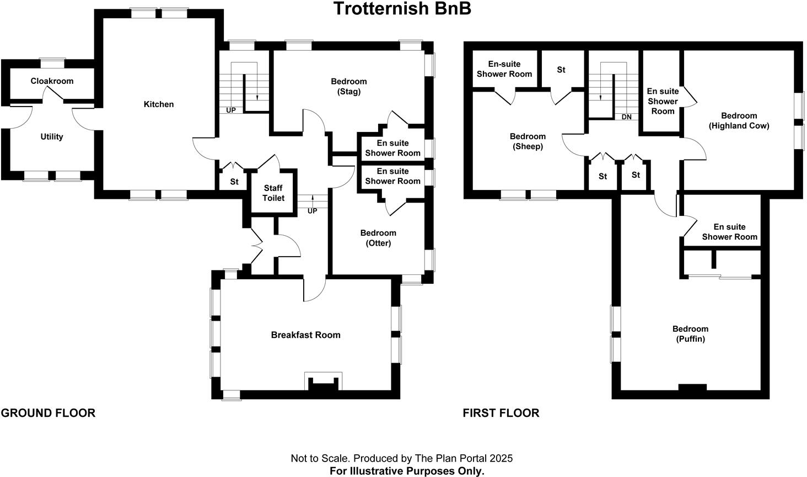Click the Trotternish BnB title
(402, 9)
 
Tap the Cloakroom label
(52, 81)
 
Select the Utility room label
(52, 137)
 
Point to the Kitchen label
(159, 104)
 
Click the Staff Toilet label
(273, 193)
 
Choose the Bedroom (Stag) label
(348, 87)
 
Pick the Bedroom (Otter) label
(378, 238)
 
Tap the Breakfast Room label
(305, 335)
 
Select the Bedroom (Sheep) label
(528, 141)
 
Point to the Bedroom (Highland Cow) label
(739, 120)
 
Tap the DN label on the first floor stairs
(626, 117)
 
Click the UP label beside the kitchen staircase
(231, 110)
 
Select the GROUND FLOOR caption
(48, 413)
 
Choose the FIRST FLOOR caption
(501, 413)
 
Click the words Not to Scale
(320, 458)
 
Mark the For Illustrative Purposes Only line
(407, 471)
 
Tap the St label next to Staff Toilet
(234, 182)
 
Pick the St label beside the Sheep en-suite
(561, 70)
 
